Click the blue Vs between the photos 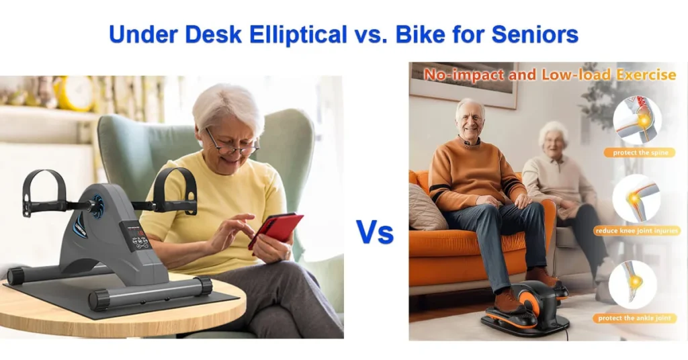[x=375, y=231]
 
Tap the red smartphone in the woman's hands [x=275, y=229]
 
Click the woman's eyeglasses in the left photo [x=232, y=143]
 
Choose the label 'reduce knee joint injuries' [x=636, y=231]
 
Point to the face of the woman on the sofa [x=552, y=139]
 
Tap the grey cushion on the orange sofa [x=426, y=207]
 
